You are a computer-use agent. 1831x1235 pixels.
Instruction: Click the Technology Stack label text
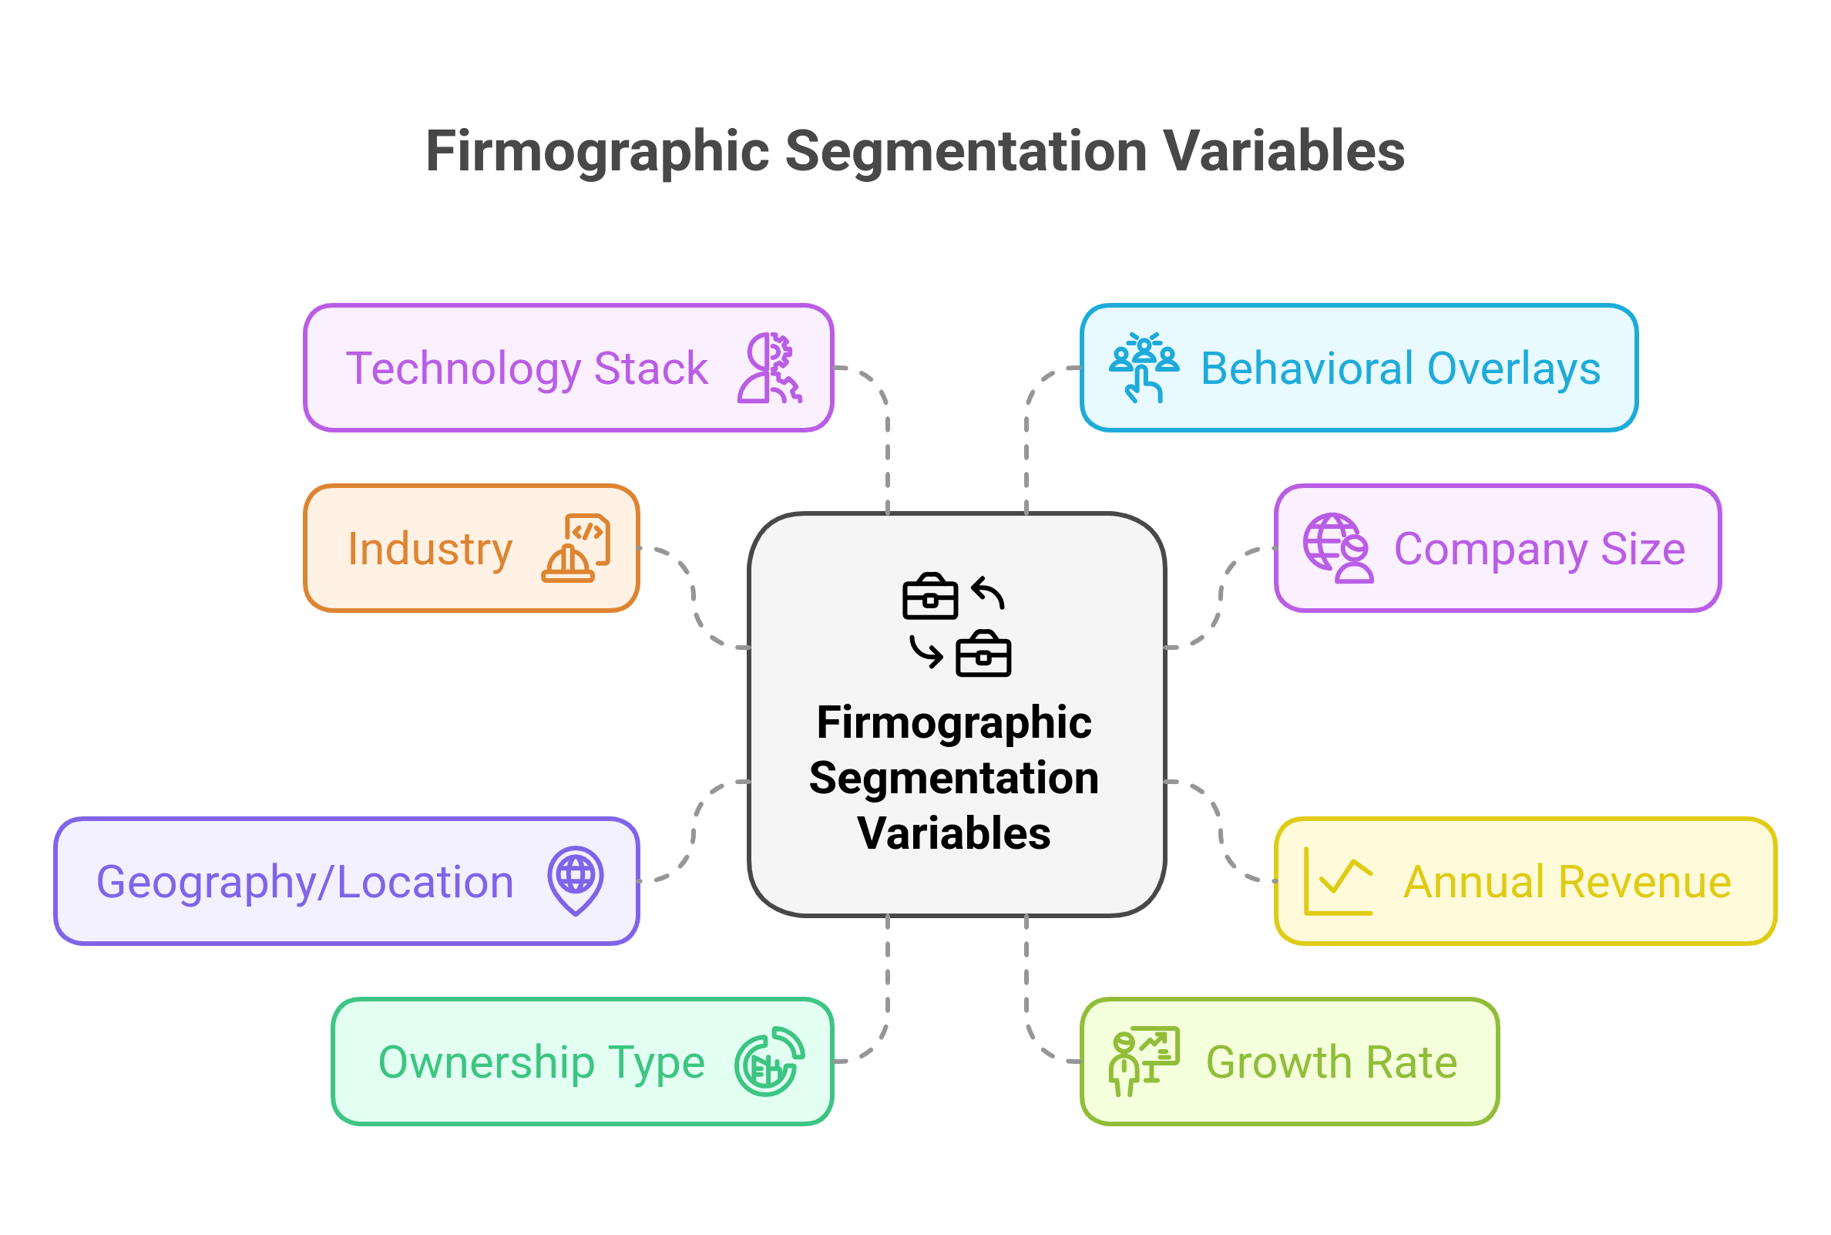coord(526,368)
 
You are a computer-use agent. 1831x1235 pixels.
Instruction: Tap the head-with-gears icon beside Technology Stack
coord(769,368)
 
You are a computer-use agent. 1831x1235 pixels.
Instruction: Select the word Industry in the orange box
coord(430,549)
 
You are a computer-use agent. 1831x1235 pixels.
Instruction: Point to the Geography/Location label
coord(304,881)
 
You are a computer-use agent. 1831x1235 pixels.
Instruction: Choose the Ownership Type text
coord(542,1062)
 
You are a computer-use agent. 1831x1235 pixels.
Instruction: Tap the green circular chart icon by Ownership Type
coord(769,1062)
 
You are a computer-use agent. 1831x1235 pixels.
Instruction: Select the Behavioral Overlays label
coord(1400,368)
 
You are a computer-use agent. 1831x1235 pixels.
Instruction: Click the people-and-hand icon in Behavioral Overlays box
coord(1144,368)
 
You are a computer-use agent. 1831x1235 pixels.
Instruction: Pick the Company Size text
coord(1539,549)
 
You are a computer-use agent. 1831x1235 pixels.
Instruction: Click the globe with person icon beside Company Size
coord(1338,548)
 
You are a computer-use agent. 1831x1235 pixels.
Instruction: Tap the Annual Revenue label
coord(1567,881)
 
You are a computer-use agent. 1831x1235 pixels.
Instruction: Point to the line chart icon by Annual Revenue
coord(1339,881)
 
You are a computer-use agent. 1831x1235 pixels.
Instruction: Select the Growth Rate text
coord(1331,1062)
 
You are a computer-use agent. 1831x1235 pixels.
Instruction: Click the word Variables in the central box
coord(953,833)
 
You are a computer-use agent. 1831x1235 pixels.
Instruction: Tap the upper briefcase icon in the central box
coord(929,596)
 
